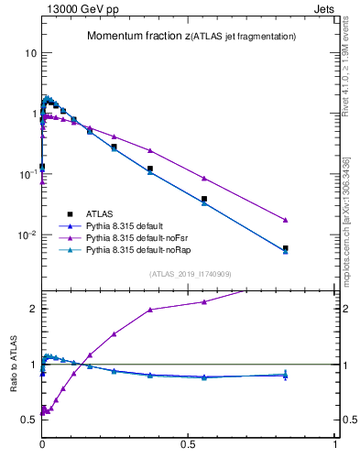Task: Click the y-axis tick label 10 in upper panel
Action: point(30,53)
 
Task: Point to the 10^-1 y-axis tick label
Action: point(28,173)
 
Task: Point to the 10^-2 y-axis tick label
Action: point(28,234)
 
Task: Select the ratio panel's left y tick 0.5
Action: point(28,420)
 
